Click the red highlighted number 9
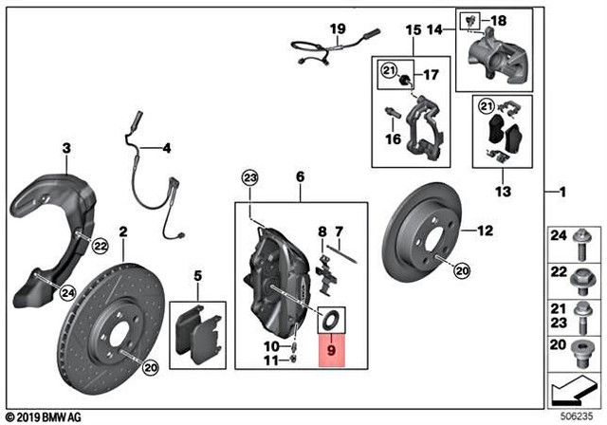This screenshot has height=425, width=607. [x=331, y=350]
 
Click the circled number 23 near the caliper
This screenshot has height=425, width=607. [x=249, y=177]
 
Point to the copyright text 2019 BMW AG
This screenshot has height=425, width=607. [x=46, y=416]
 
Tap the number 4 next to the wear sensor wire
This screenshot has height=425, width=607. [x=167, y=148]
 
